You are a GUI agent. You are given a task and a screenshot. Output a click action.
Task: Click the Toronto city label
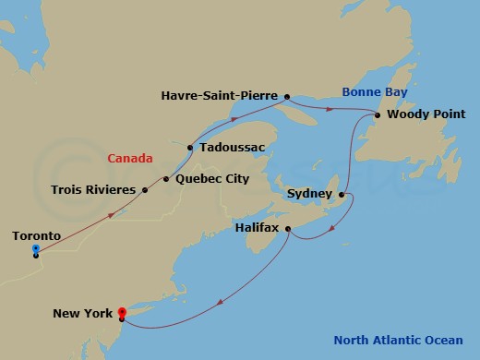click(36, 236)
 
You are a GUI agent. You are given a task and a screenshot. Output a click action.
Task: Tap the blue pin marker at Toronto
click(35, 249)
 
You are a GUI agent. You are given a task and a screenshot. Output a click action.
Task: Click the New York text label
click(82, 314)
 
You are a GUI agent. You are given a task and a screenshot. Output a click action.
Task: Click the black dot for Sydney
click(342, 195)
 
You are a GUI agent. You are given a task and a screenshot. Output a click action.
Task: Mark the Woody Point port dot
click(378, 115)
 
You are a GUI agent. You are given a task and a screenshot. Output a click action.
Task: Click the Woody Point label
click(425, 115)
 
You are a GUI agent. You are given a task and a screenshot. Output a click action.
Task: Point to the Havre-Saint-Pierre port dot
click(287, 95)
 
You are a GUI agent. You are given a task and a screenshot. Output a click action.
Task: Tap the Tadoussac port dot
click(189, 147)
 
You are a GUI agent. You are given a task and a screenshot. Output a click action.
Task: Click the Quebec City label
click(211, 178)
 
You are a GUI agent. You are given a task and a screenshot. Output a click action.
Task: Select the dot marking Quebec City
click(166, 179)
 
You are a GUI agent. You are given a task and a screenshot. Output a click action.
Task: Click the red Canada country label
click(130, 158)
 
